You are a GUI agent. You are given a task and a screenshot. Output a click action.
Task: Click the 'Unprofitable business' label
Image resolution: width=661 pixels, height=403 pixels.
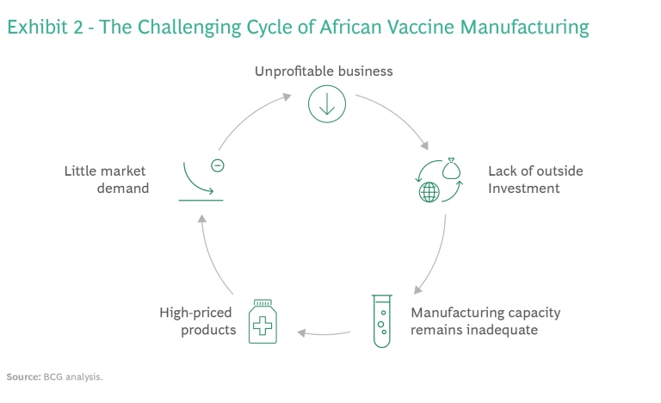(x=324, y=71)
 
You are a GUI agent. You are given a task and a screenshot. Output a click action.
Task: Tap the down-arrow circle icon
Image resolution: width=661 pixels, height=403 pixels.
(x=327, y=104)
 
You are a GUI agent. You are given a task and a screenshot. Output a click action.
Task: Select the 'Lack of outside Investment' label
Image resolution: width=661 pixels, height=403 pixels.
(x=535, y=179)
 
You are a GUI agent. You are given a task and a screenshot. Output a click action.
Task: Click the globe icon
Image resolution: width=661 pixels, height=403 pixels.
(x=429, y=191)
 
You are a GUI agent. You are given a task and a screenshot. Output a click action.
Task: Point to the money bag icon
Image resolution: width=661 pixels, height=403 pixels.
(x=451, y=169)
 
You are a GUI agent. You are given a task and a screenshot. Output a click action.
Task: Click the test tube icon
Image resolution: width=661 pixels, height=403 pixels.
(x=381, y=320)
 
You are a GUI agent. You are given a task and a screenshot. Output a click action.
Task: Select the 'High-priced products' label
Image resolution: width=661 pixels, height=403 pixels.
(x=197, y=320)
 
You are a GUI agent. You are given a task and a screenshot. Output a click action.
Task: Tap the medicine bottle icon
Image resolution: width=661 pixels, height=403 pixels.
(x=263, y=320)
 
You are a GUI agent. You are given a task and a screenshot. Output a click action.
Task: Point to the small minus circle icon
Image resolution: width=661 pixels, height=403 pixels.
(x=218, y=165)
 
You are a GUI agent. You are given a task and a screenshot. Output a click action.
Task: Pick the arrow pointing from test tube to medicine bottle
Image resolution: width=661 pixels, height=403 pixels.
(x=324, y=331)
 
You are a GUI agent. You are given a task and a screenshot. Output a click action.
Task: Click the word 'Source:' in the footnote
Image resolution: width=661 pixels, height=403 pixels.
(x=23, y=376)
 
